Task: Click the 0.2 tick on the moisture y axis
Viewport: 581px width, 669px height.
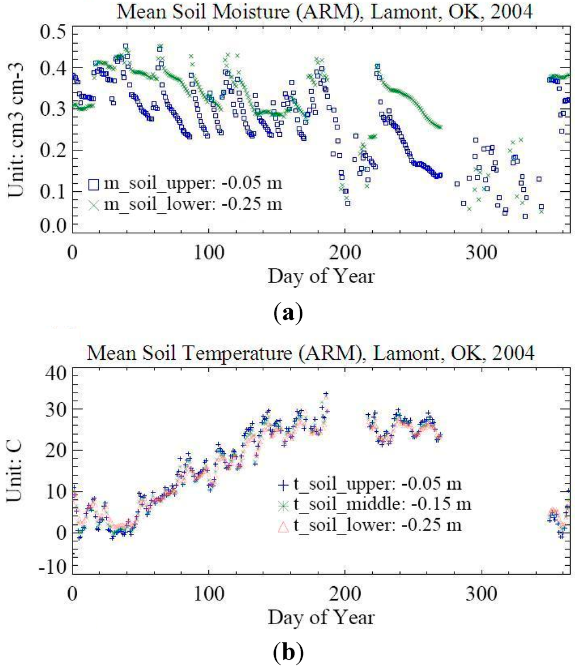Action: (52, 150)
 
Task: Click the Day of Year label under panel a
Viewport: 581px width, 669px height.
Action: (321, 276)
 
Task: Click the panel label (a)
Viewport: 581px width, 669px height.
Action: (288, 313)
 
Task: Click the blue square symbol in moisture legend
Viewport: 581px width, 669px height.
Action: (94, 184)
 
